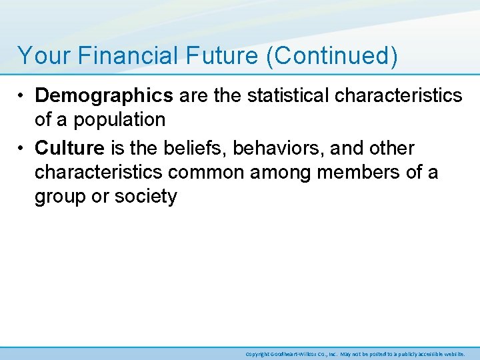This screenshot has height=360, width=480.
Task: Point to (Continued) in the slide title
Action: coord(332,55)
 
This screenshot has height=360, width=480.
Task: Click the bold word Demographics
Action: coord(104,96)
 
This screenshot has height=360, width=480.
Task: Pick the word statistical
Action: coord(288,96)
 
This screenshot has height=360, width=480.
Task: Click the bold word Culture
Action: coord(70,148)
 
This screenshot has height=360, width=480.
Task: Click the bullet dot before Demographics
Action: coord(23,96)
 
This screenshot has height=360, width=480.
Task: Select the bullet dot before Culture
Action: coord(23,148)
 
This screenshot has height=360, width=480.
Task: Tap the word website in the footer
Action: coord(453,354)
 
